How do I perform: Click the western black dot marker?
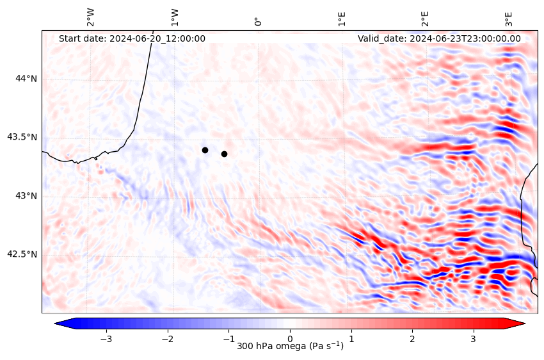pyautogui.click(x=205, y=150)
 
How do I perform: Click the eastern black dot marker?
pyautogui.click(x=224, y=154)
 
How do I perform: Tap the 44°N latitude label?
pyautogui.click(x=26, y=79)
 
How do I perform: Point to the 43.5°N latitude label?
pyautogui.click(x=22, y=137)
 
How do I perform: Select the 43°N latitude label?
pyautogui.click(x=26, y=195)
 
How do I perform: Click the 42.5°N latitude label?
pyautogui.click(x=22, y=254)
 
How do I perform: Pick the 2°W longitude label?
pyautogui.click(x=91, y=17)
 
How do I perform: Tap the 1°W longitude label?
pyautogui.click(x=175, y=17)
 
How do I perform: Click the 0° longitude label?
pyautogui.click(x=259, y=22)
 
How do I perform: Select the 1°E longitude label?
pyautogui.click(x=342, y=18)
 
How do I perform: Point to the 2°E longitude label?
pyautogui.click(x=426, y=18)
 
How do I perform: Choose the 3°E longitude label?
pyautogui.click(x=509, y=18)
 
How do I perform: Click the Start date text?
pyautogui.click(x=132, y=38)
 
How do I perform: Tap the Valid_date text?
pyautogui.click(x=439, y=38)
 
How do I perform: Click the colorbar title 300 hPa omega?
pyautogui.click(x=290, y=347)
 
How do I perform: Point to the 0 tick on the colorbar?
pyautogui.click(x=290, y=338)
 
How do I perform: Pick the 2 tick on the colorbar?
pyautogui.click(x=412, y=338)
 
